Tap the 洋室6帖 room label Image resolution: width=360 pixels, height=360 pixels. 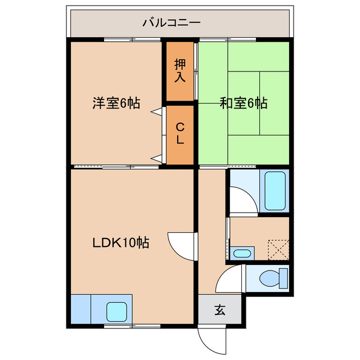[116, 103]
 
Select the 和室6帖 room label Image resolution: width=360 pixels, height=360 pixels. [243, 103]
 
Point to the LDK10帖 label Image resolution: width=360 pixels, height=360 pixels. [121, 243]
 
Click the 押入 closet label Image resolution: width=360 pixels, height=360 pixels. [179, 70]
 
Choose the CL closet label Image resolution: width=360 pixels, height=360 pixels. [179, 134]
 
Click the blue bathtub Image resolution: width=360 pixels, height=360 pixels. [275, 191]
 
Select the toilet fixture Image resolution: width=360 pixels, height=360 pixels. [273, 278]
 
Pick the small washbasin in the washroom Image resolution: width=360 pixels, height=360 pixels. [241, 253]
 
